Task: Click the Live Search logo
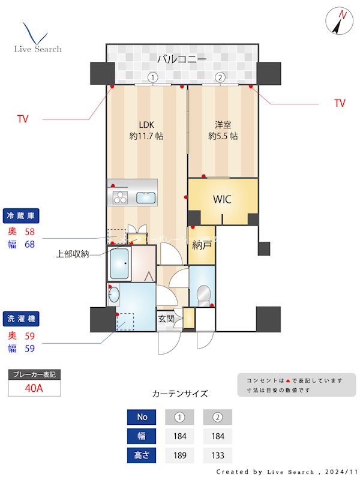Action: click(37, 38)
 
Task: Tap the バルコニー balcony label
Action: click(182, 59)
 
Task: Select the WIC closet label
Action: click(222, 200)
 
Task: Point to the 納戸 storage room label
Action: click(202, 245)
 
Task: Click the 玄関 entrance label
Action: click(166, 319)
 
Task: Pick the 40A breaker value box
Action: click(34, 388)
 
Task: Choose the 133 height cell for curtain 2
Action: click(217, 455)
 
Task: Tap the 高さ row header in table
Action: click(142, 455)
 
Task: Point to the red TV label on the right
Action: click(340, 103)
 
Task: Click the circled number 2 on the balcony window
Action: click(220, 77)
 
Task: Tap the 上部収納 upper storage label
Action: click(73, 254)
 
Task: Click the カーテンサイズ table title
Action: click(180, 394)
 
